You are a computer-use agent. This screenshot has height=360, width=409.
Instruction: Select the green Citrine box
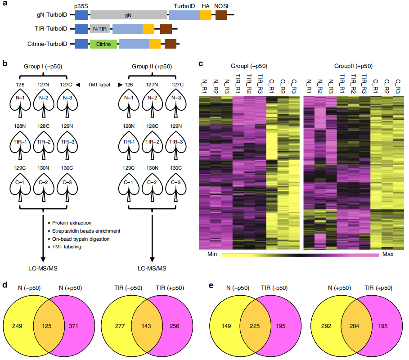coord(103,44)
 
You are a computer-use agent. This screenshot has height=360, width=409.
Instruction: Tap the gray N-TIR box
coord(100,30)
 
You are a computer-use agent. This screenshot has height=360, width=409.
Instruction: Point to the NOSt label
coord(221,6)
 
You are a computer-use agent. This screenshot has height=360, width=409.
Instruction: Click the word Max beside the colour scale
coord(387,255)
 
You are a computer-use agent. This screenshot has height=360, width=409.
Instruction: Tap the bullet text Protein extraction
coord(72,223)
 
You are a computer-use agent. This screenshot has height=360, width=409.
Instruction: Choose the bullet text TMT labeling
coord(67,247)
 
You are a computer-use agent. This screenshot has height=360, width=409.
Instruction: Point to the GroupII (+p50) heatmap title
coord(353,66)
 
